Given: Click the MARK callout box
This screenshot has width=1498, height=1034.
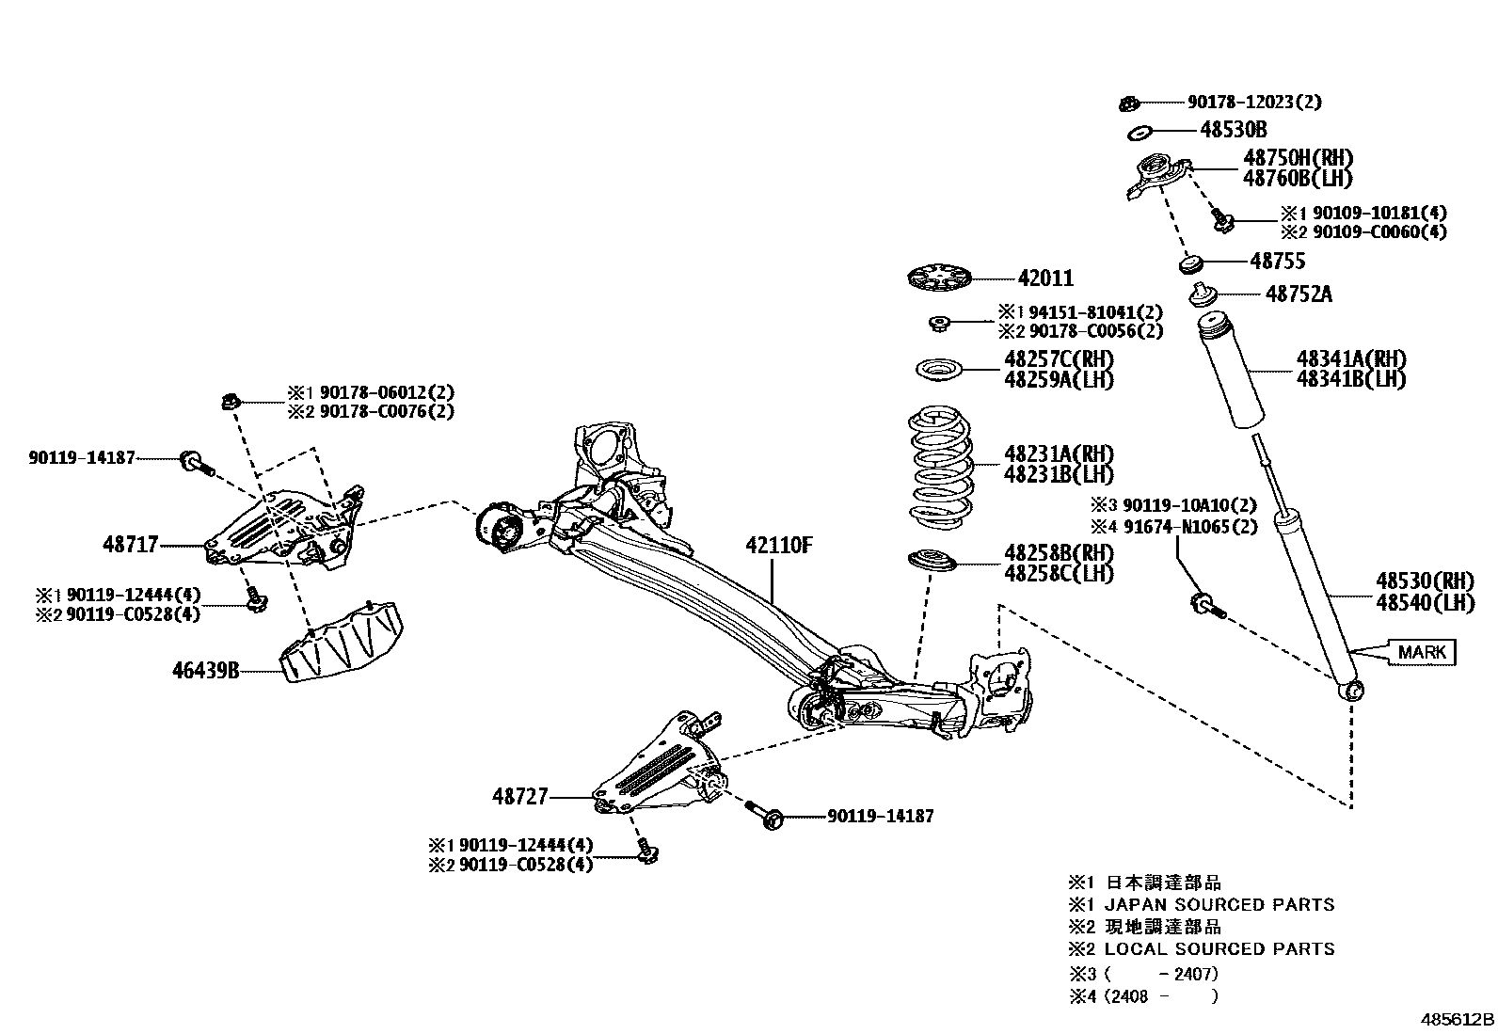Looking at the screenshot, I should click(x=1422, y=652).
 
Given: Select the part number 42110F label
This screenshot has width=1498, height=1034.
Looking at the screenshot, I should click(x=778, y=546).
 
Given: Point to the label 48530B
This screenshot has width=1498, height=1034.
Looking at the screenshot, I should click(x=1233, y=130).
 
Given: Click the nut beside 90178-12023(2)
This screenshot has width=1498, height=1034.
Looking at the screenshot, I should click(x=1132, y=102).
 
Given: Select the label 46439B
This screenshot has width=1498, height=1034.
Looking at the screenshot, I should click(x=205, y=671).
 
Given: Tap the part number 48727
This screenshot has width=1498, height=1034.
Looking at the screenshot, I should click(x=519, y=797).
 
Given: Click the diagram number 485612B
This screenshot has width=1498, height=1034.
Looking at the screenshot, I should click(x=1457, y=1020).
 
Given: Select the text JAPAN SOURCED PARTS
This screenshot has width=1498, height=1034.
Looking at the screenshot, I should click(x=1219, y=905).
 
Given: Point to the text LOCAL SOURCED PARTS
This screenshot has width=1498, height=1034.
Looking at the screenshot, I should click(x=1219, y=949).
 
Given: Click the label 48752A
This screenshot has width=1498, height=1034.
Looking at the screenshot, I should click(x=1299, y=294).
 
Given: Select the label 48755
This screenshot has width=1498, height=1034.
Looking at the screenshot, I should click(x=1278, y=261).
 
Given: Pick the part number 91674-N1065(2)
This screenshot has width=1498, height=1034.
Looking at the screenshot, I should click(x=1186, y=527).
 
